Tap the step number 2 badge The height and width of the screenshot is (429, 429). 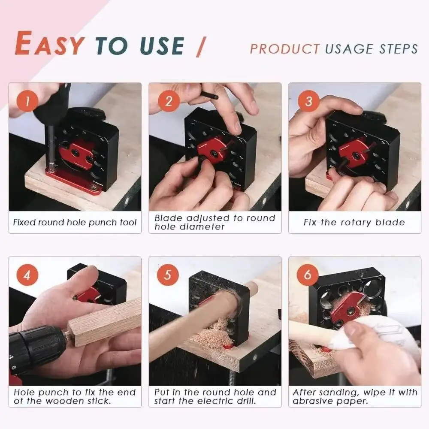(x=168, y=102)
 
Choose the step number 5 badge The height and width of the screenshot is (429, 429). (x=168, y=275)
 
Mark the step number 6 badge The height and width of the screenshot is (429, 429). (x=308, y=275)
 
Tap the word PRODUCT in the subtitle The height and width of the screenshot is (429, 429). (x=285, y=48)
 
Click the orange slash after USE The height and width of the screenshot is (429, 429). (x=200, y=46)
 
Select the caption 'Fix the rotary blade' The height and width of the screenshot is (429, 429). (x=354, y=222)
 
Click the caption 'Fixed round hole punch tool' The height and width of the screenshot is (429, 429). (x=75, y=222)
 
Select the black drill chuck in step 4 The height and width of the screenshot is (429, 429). (x=36, y=347)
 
